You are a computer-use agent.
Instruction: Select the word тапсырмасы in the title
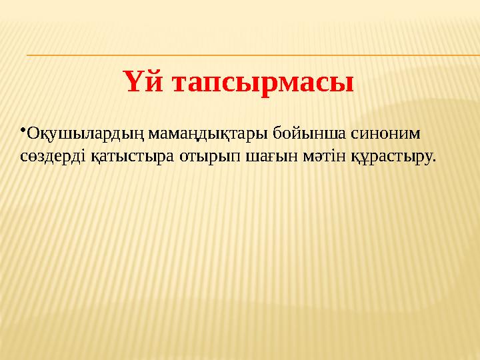(263, 84)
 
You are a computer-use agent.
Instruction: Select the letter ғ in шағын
(250, 158)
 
